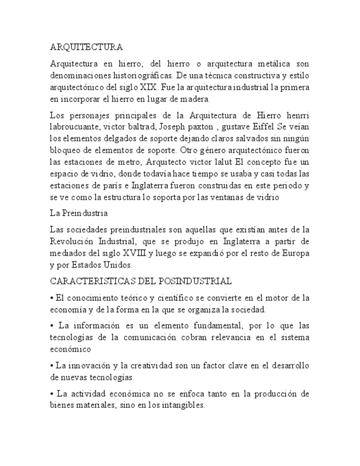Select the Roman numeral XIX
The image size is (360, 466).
[x=146, y=87]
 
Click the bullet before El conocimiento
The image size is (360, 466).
[x=51, y=298]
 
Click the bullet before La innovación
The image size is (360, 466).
[x=51, y=365]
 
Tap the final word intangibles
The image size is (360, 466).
[x=182, y=406]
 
